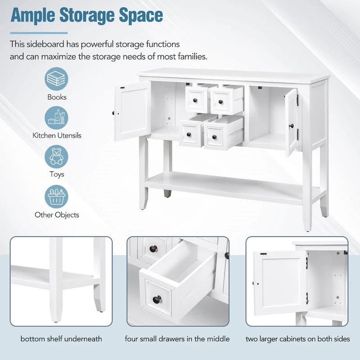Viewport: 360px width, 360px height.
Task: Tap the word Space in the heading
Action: tap(141, 16)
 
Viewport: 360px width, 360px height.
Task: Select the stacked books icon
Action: tap(56, 79)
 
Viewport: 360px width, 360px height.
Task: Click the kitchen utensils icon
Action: tap(56, 117)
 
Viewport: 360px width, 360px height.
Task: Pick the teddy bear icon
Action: tap(56, 157)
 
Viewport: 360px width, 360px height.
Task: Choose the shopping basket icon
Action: tap(56, 197)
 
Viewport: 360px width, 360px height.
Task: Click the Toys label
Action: tap(57, 174)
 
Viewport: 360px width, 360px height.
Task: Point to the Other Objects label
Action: tap(57, 215)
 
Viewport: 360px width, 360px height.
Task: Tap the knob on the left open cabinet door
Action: tap(113, 113)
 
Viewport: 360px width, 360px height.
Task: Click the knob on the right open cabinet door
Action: tap(292, 126)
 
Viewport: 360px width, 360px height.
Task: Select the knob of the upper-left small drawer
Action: tap(195, 100)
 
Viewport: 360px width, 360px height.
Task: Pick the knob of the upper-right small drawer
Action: tap(220, 102)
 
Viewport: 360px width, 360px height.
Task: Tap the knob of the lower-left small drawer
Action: tap(189, 135)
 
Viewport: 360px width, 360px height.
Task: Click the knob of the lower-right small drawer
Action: tap(215, 137)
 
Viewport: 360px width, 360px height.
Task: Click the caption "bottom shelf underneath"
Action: tap(61, 339)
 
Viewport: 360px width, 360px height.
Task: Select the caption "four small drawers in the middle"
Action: tap(177, 339)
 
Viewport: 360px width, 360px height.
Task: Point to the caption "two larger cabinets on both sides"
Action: tap(298, 339)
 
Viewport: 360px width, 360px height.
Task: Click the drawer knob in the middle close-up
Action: tap(157, 299)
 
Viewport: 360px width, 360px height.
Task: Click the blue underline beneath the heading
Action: tap(39, 33)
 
